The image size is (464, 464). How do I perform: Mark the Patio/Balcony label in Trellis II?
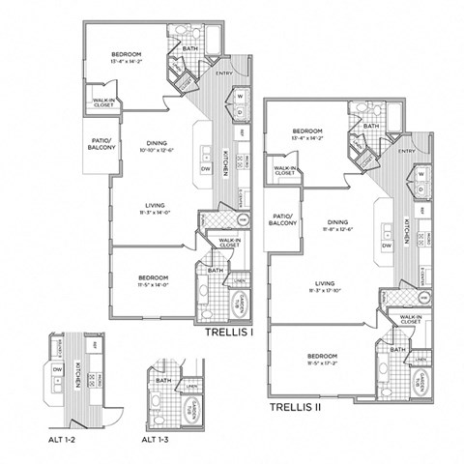(282, 220)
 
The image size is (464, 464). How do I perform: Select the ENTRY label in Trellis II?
(406, 151)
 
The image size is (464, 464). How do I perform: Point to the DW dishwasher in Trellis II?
(386, 246)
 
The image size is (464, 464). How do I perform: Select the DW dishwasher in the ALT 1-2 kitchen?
(56, 368)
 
